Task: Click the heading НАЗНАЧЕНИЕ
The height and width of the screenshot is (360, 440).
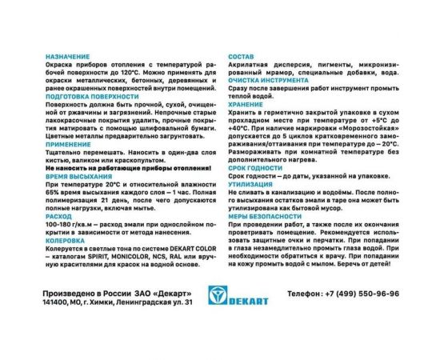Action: pos(67,58)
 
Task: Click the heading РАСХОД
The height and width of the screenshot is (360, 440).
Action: pos(58,215)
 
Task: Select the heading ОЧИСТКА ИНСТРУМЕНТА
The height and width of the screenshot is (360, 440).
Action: pos(268,81)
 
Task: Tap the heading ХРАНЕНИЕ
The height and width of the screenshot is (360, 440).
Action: pos(246,103)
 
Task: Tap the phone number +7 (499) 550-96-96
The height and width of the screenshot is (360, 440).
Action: pos(359,294)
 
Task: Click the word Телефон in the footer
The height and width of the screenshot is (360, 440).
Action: pos(304,294)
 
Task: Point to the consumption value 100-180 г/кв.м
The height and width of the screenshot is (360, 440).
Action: pos(71,226)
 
